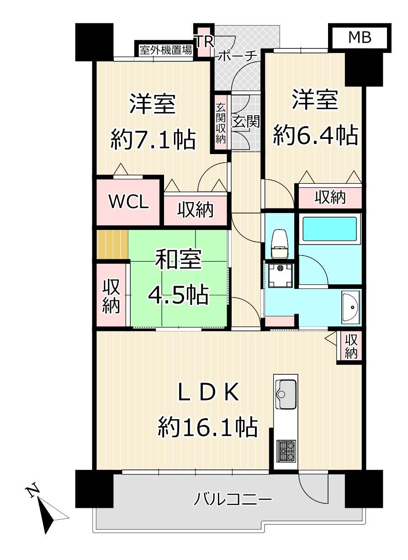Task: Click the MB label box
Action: click(360, 38)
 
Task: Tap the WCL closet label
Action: click(129, 202)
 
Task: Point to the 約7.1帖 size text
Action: click(153, 140)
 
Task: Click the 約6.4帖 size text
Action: click(316, 135)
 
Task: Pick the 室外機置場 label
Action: click(166, 50)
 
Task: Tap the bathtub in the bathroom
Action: click(329, 229)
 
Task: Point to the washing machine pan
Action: click(279, 275)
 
